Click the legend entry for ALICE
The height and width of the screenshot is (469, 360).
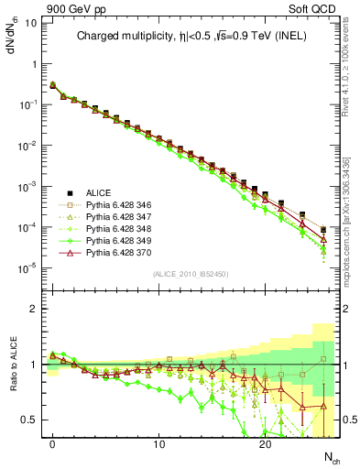[99, 192]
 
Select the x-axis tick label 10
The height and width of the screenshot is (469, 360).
[158, 445]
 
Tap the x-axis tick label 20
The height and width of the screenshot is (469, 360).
[265, 445]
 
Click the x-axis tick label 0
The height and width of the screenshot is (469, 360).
[53, 445]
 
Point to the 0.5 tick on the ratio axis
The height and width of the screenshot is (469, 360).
[29, 420]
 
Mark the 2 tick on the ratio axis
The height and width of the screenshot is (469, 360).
[33, 309]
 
